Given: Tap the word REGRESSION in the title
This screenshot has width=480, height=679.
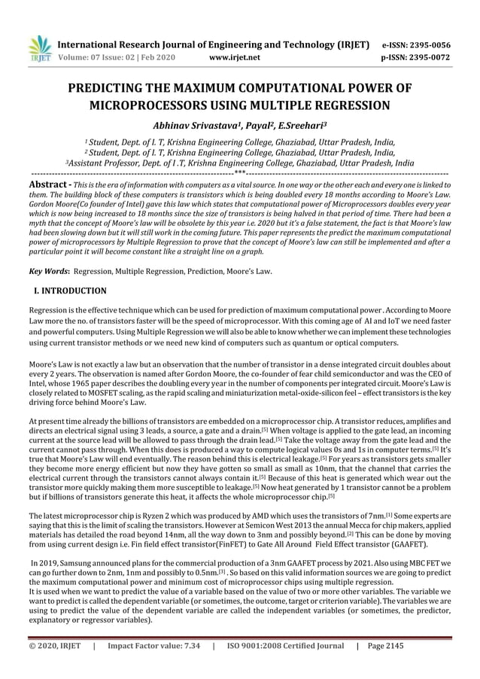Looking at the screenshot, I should [347, 105].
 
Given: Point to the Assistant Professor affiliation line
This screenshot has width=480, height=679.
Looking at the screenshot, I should [239, 162].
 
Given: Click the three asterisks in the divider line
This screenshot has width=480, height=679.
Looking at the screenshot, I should [239, 172].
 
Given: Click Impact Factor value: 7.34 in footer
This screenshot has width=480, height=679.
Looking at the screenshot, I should [153, 665].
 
